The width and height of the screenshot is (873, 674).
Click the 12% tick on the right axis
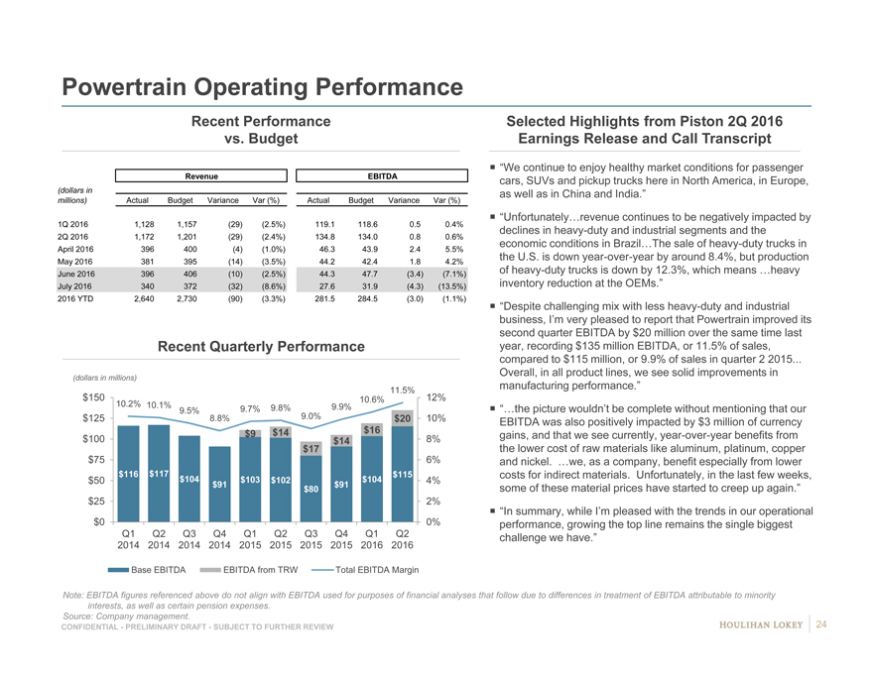435,397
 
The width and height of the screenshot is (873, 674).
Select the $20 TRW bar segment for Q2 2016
402,418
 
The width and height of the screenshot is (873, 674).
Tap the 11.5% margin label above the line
402,390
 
